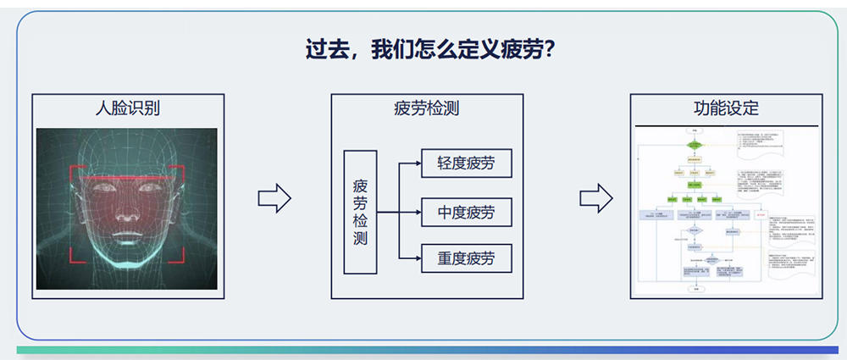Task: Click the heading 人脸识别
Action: (x=127, y=108)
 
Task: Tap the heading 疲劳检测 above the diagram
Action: (x=427, y=108)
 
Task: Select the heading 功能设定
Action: (x=726, y=108)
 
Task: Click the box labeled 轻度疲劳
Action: (x=467, y=163)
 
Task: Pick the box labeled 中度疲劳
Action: (x=467, y=211)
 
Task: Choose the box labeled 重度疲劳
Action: (x=467, y=258)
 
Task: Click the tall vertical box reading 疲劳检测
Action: (x=360, y=212)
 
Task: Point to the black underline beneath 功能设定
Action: (x=726, y=125)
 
